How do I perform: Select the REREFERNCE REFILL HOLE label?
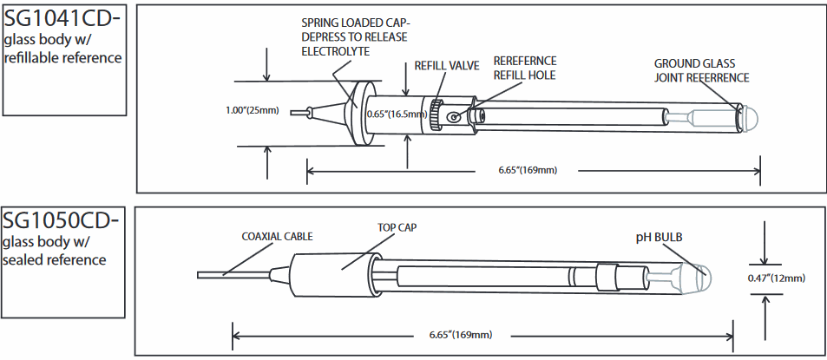[525, 68]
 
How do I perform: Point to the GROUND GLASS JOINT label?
[701, 70]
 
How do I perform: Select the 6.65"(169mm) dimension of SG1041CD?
[527, 169]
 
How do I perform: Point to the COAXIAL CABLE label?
[277, 236]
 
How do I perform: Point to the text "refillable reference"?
[62, 57]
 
